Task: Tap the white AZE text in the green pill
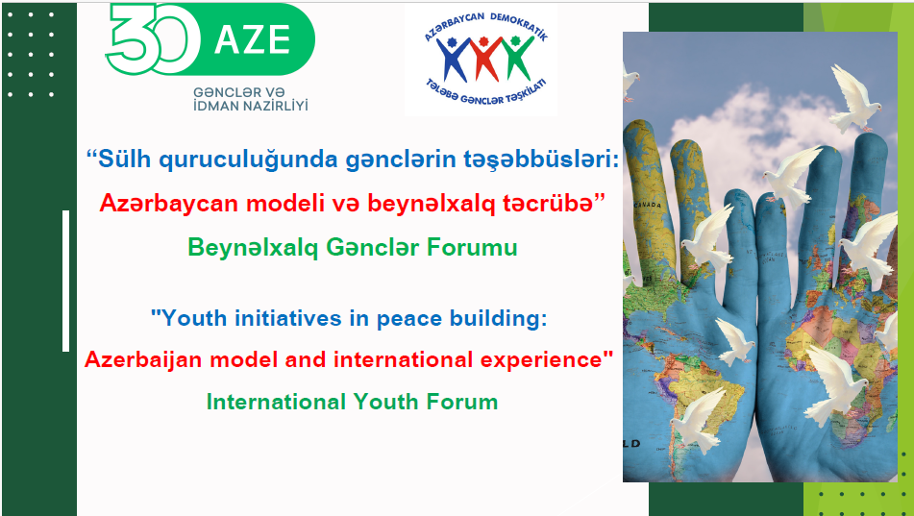pyautogui.click(x=253, y=39)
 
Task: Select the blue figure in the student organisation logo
pyautogui.click(x=453, y=59)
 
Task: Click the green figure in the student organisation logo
pyautogui.click(x=516, y=57)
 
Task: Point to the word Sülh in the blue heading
pyautogui.click(x=124, y=159)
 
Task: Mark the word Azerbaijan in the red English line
pyautogui.click(x=144, y=359)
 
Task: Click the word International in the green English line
pyautogui.click(x=276, y=402)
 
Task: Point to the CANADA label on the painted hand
pyautogui.click(x=648, y=206)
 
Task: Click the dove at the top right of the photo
pyautogui.click(x=854, y=98)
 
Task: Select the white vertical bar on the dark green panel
pyautogui.click(x=66, y=281)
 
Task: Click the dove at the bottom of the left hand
pyautogui.click(x=698, y=418)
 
